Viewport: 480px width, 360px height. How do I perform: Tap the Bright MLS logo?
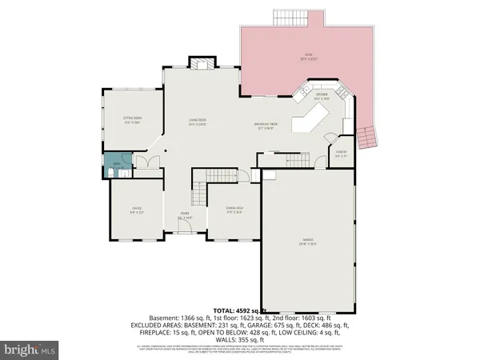[x=30, y=350]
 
